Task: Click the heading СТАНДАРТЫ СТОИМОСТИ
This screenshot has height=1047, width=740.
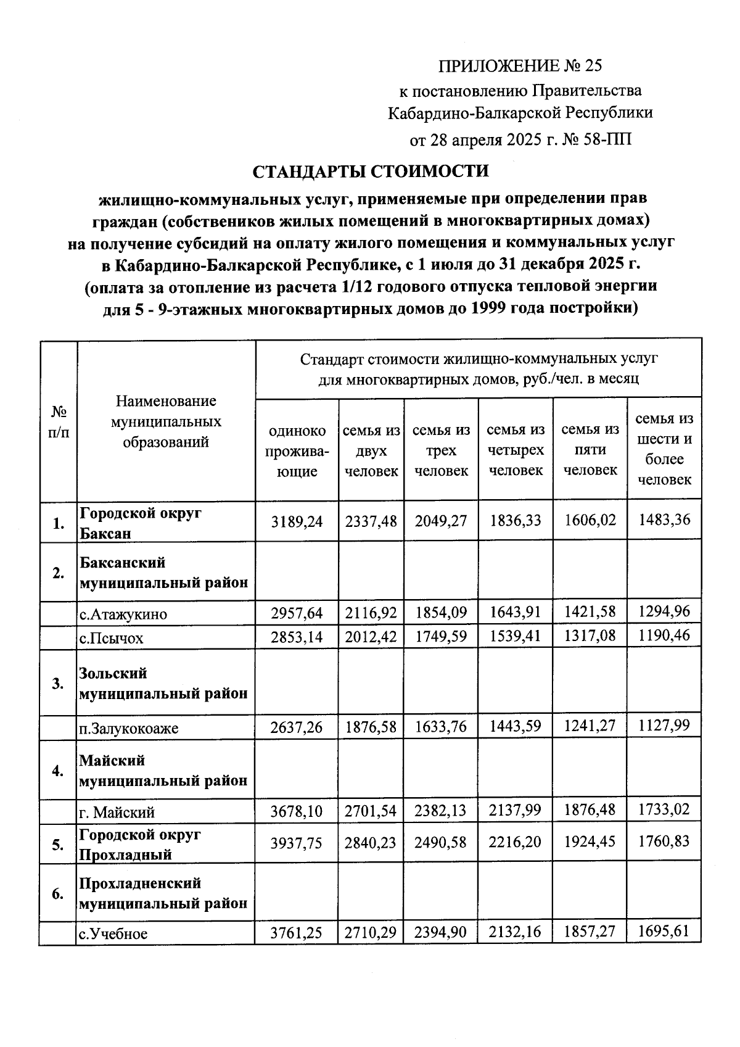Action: tap(371, 171)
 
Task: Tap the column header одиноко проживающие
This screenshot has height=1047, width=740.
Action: tap(297, 451)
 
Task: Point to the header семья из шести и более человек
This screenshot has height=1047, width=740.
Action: tap(664, 449)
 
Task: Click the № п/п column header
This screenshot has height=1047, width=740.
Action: tap(59, 421)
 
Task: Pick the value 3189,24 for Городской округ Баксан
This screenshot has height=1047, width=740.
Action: tap(297, 521)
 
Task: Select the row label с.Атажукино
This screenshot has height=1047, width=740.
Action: tap(123, 615)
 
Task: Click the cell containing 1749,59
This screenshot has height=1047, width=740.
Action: tap(441, 636)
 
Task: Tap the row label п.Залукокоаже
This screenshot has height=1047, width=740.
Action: tap(128, 729)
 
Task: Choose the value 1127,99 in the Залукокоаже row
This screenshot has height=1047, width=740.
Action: tap(664, 725)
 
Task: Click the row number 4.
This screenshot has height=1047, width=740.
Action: tap(58, 771)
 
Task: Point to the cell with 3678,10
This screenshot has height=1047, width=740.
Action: tap(297, 811)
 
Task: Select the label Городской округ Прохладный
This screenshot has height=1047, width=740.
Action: tap(140, 845)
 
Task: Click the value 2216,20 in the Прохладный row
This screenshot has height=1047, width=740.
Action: tap(516, 842)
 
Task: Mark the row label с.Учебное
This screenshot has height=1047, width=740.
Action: tap(113, 934)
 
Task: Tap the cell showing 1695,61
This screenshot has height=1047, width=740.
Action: tap(664, 931)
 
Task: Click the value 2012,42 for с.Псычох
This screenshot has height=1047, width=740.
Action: tap(371, 636)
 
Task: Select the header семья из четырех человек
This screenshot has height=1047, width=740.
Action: tap(516, 450)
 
